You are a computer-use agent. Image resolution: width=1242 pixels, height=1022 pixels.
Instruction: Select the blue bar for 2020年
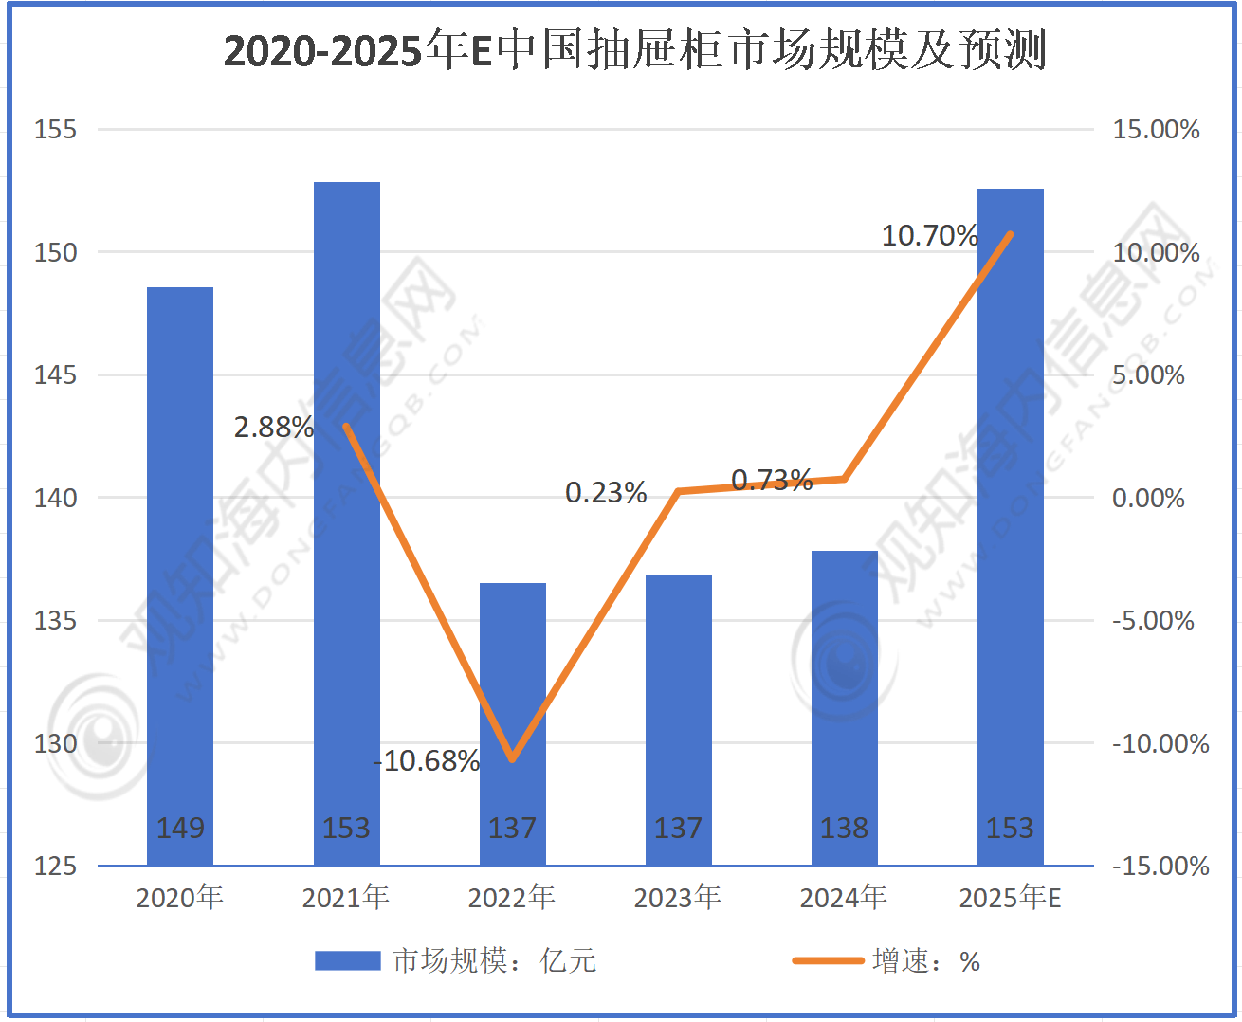click(x=180, y=569)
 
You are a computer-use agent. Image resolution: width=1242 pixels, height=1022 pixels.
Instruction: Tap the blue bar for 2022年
click(x=512, y=664)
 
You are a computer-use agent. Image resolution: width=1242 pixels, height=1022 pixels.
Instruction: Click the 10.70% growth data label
click(x=929, y=235)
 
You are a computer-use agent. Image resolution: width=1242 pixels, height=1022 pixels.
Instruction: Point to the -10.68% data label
click(x=427, y=760)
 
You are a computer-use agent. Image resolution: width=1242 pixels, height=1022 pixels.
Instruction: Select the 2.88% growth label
click(x=274, y=428)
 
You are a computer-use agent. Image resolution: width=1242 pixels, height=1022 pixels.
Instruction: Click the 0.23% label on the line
click(x=606, y=493)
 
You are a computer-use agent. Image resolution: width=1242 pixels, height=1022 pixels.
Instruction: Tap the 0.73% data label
click(x=772, y=481)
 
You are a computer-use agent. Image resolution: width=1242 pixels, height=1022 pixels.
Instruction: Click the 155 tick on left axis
click(x=55, y=130)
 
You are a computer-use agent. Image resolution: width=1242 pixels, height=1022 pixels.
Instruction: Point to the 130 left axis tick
click(x=55, y=743)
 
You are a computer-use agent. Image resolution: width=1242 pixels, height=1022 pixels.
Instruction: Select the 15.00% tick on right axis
click(x=1156, y=130)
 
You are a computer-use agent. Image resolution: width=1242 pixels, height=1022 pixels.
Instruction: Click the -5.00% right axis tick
click(x=1153, y=621)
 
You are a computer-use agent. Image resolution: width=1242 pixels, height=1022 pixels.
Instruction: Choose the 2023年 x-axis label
click(x=677, y=897)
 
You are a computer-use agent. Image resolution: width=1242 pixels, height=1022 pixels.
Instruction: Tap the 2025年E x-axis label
click(x=1010, y=897)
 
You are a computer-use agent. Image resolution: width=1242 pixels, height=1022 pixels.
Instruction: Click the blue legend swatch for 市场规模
click(x=347, y=961)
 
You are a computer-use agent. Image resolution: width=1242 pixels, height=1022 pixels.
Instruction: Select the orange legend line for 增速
click(x=828, y=961)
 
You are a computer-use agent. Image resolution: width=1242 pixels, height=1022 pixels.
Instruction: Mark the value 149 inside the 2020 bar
click(x=180, y=828)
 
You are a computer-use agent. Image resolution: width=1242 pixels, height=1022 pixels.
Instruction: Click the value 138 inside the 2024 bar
click(x=844, y=828)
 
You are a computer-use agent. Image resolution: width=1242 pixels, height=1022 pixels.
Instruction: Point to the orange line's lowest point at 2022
click(x=512, y=759)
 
